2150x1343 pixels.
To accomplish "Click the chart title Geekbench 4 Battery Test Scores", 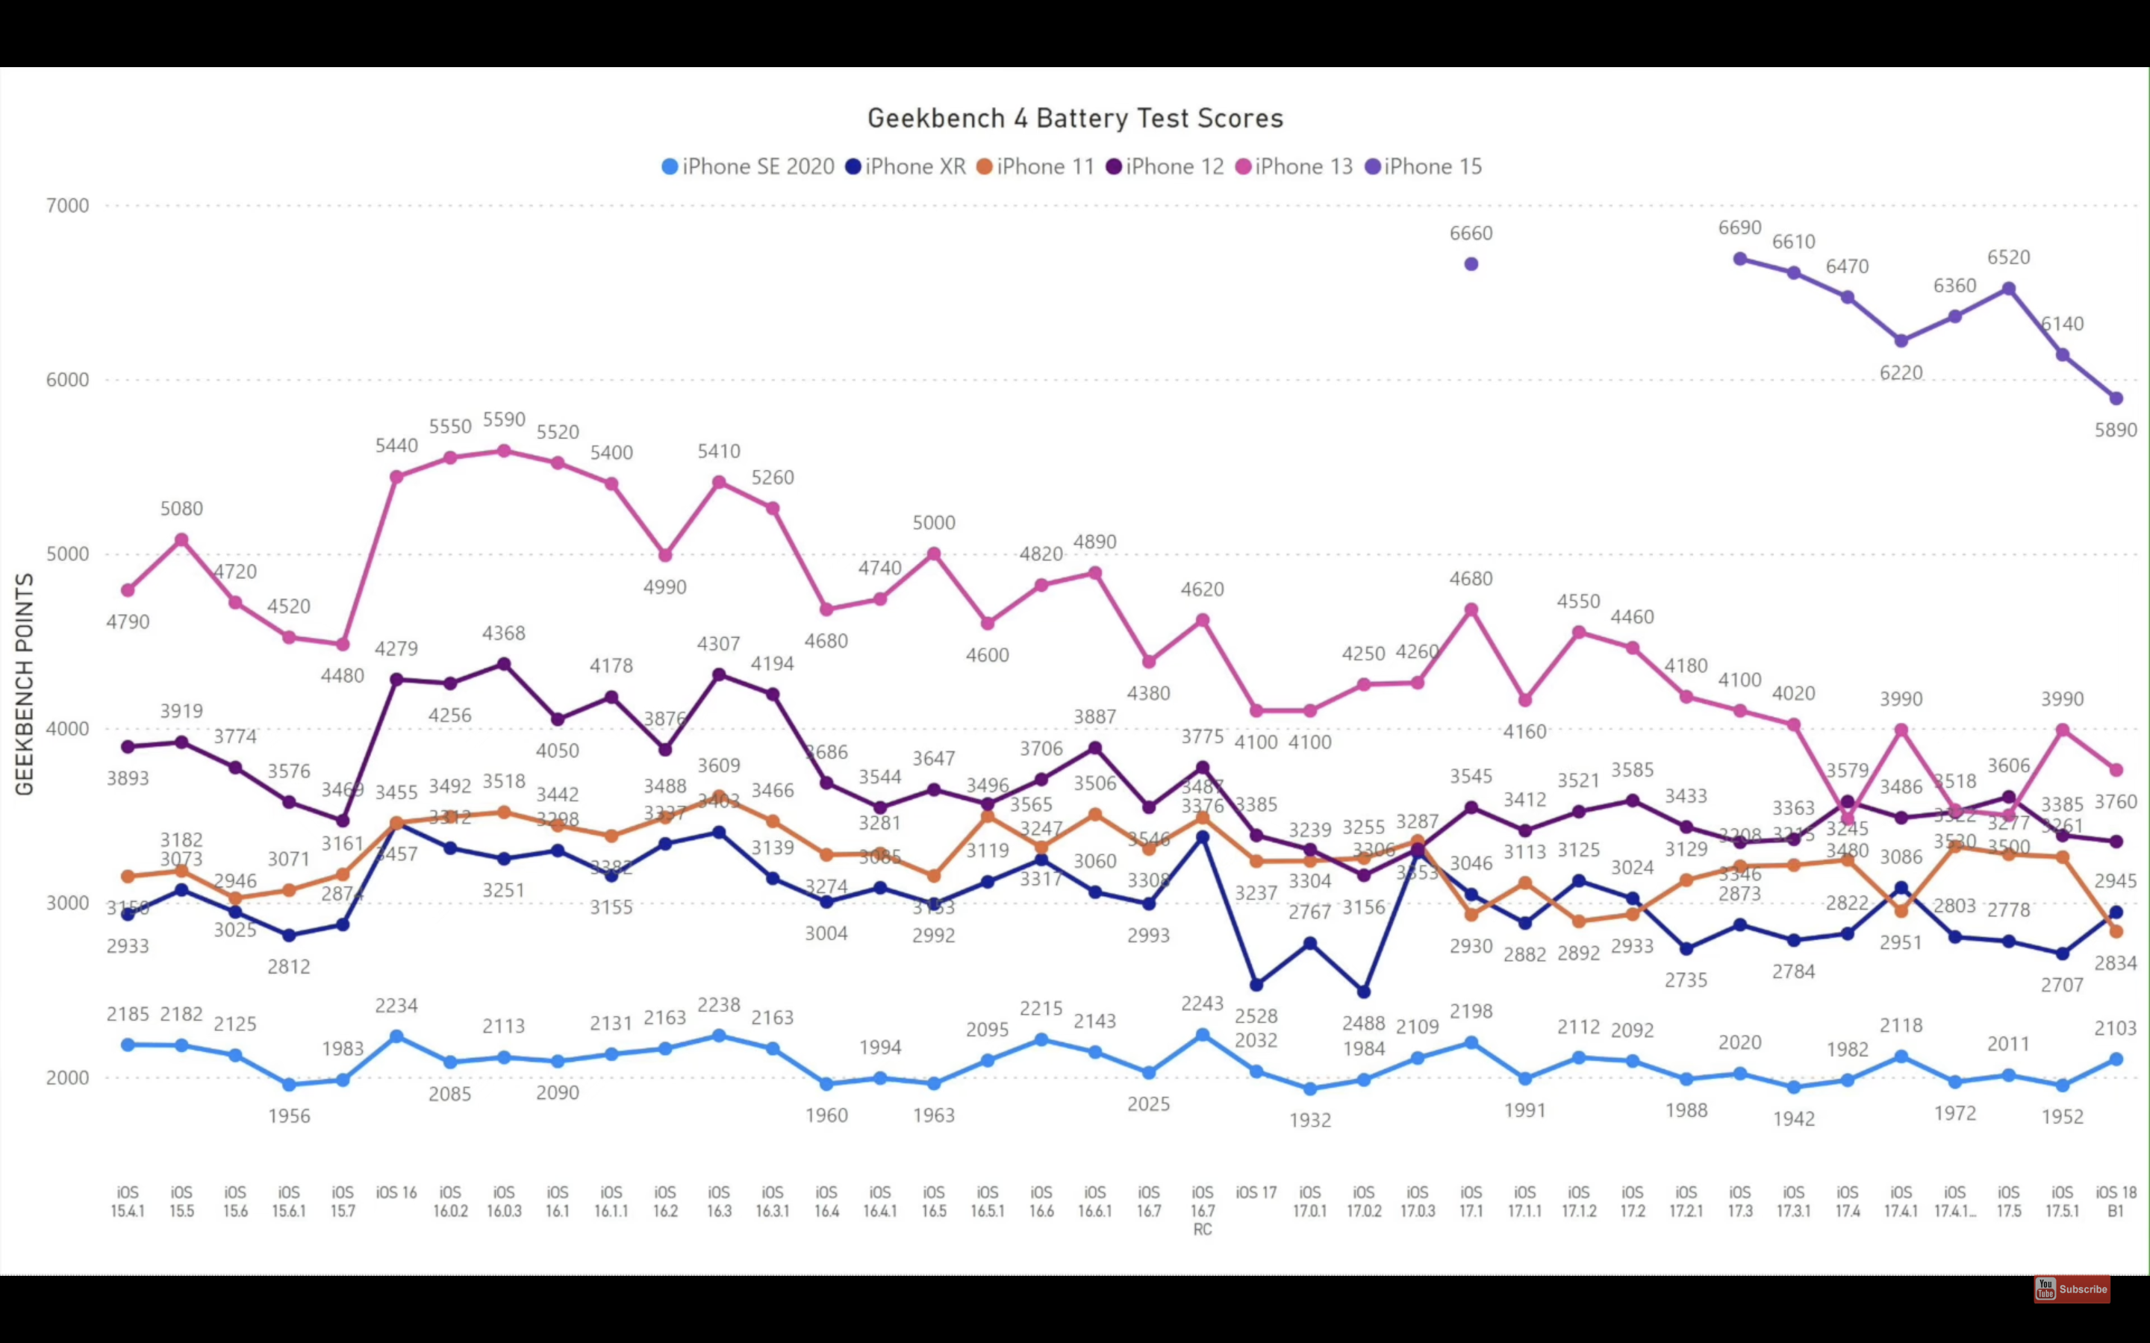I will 1075,118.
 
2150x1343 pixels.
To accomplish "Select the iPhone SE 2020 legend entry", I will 748,167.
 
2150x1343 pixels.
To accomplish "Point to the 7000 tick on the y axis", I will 67,206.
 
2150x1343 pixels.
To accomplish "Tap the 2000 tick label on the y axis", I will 67,1077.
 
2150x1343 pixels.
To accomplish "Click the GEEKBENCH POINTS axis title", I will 25,684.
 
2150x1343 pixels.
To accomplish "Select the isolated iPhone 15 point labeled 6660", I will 1471,264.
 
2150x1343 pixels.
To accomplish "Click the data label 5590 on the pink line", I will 504,419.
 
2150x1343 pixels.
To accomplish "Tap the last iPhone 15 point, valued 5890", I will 2116,399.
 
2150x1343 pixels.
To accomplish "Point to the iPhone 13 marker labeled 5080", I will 181,540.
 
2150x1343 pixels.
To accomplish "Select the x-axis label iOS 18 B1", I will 2116,1201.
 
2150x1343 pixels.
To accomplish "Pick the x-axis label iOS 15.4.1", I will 128,1201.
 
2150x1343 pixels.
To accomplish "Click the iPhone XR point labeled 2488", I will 1364,992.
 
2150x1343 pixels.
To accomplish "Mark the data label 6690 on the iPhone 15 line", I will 1739,228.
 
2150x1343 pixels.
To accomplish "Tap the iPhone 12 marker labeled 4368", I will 504,664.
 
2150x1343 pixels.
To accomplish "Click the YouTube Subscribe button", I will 2071,1289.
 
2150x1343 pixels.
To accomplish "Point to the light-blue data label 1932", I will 1309,1120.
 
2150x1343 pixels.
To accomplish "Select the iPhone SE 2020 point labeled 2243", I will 1202,1036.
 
